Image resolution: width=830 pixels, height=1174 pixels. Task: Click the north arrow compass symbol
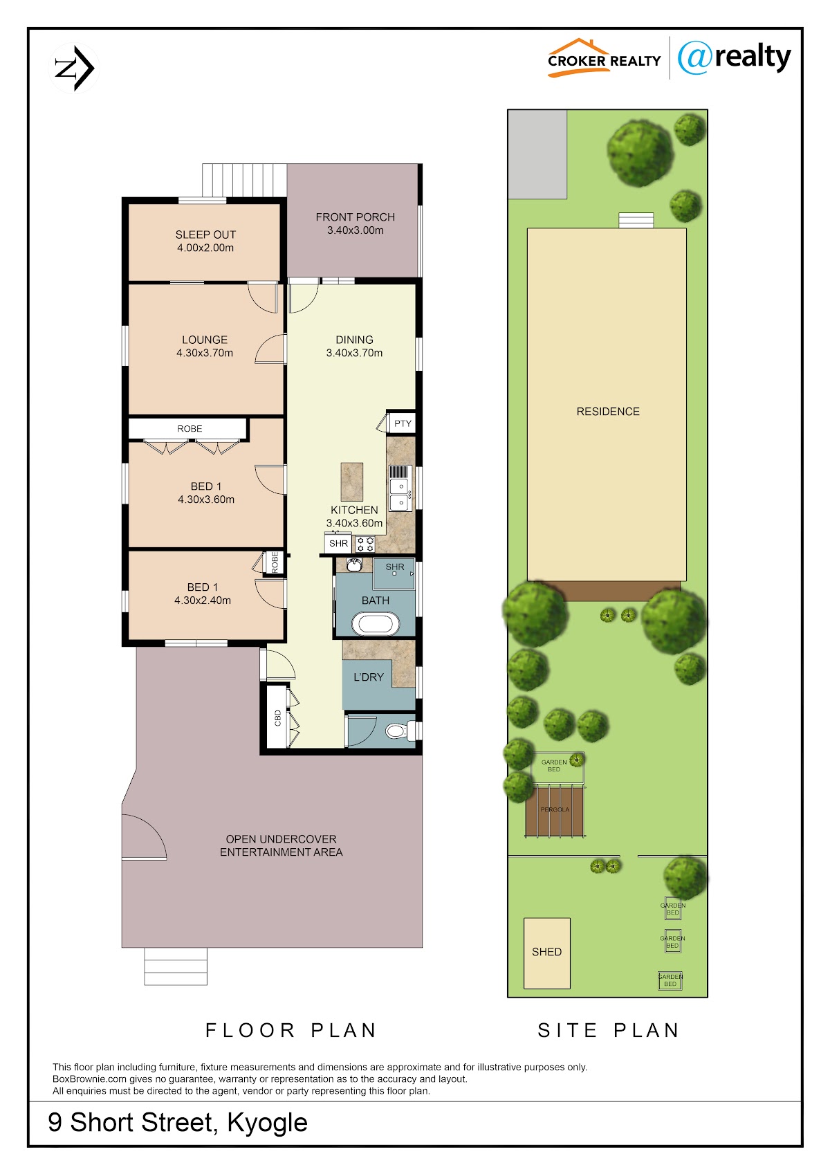tap(74, 68)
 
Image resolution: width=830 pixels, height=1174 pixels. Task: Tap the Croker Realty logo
tap(604, 58)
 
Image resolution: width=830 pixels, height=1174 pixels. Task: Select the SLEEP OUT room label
tap(205, 241)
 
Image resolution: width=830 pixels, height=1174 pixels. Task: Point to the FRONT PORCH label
tap(356, 223)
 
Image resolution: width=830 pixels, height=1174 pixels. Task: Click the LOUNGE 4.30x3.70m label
tap(205, 346)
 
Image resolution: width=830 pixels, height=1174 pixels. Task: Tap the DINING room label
tap(354, 346)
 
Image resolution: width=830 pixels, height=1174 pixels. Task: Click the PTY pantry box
tap(402, 423)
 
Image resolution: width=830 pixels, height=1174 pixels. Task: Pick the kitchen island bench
tap(351, 481)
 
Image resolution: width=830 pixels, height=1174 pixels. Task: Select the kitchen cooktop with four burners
tap(365, 544)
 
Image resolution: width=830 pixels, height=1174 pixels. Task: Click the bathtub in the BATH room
tap(375, 624)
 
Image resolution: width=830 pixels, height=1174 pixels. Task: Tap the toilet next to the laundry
tap(400, 730)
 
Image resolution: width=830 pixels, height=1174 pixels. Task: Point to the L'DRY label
tap(369, 677)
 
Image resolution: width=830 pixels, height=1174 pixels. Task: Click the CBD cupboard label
tap(278, 717)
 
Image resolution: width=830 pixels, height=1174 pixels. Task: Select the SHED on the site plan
tap(546, 953)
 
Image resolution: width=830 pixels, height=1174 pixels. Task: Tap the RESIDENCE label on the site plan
tap(608, 412)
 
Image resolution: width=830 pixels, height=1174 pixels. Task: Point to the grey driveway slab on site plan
tap(537, 154)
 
